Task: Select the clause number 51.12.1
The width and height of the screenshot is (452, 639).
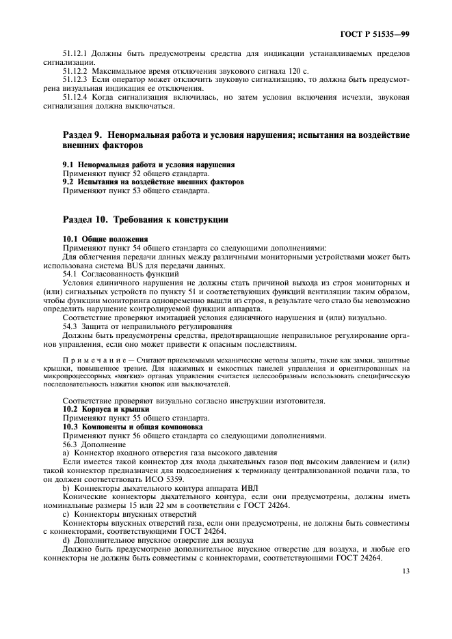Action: coord(76,53)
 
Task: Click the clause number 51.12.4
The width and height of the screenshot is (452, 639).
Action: coord(76,97)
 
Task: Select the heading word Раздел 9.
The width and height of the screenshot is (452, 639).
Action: coord(84,136)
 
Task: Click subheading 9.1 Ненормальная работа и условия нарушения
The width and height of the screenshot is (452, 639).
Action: coord(148,165)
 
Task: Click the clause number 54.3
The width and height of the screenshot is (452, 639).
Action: coord(70,326)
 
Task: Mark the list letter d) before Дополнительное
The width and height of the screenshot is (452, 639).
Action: coord(66,539)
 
